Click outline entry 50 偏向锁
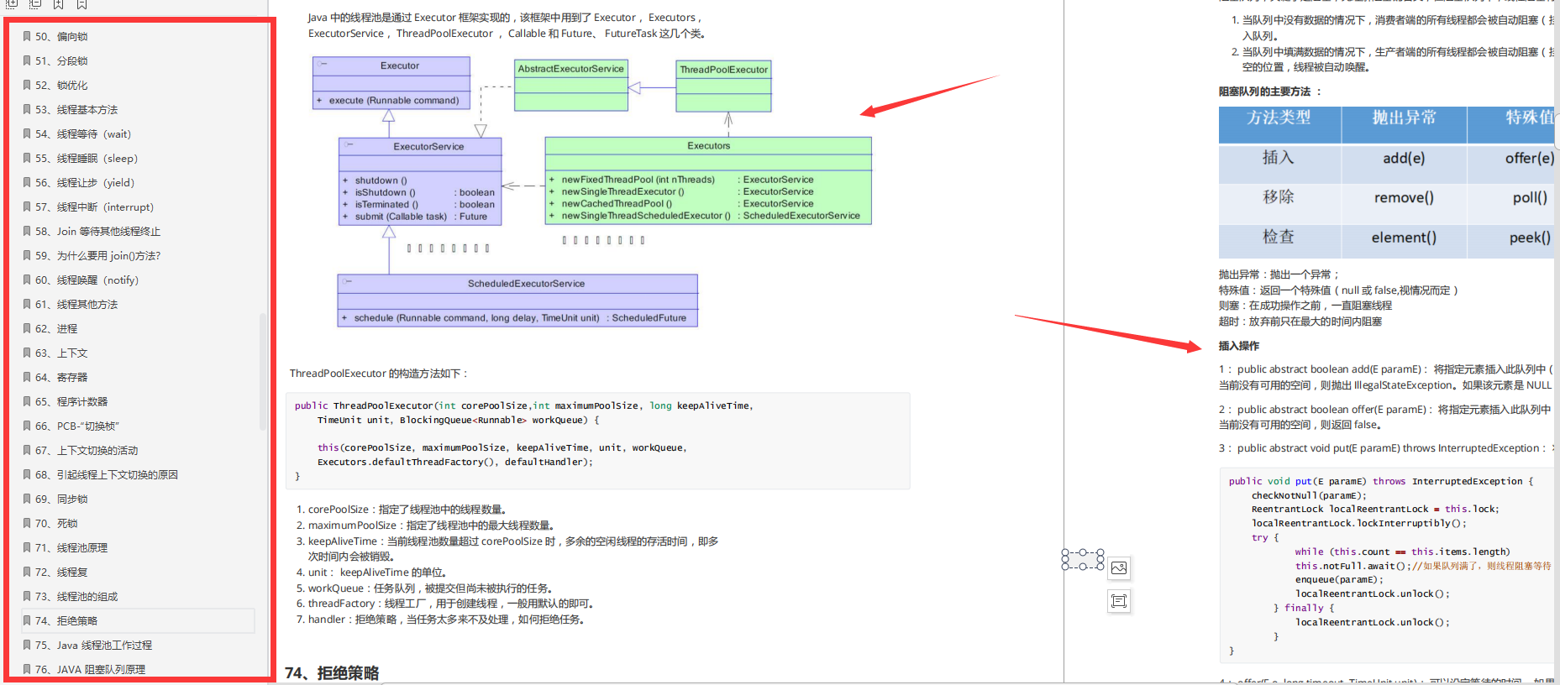[71, 37]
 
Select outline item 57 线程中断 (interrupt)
[104, 207]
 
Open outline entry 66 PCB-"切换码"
[87, 426]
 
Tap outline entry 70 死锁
[66, 524]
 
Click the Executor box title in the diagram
[399, 65]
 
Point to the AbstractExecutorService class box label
[570, 69]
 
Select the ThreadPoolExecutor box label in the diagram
[723, 70]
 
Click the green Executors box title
[708, 146]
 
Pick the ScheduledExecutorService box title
[526, 284]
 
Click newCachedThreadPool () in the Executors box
[617, 204]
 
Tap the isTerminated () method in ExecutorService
[386, 205]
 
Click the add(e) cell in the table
[1403, 159]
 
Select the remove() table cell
[1403, 198]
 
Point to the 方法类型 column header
[1278, 118]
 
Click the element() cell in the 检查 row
[1403, 238]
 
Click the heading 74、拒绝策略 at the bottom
[332, 673]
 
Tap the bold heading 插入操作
[1238, 346]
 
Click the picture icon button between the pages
[1119, 568]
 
